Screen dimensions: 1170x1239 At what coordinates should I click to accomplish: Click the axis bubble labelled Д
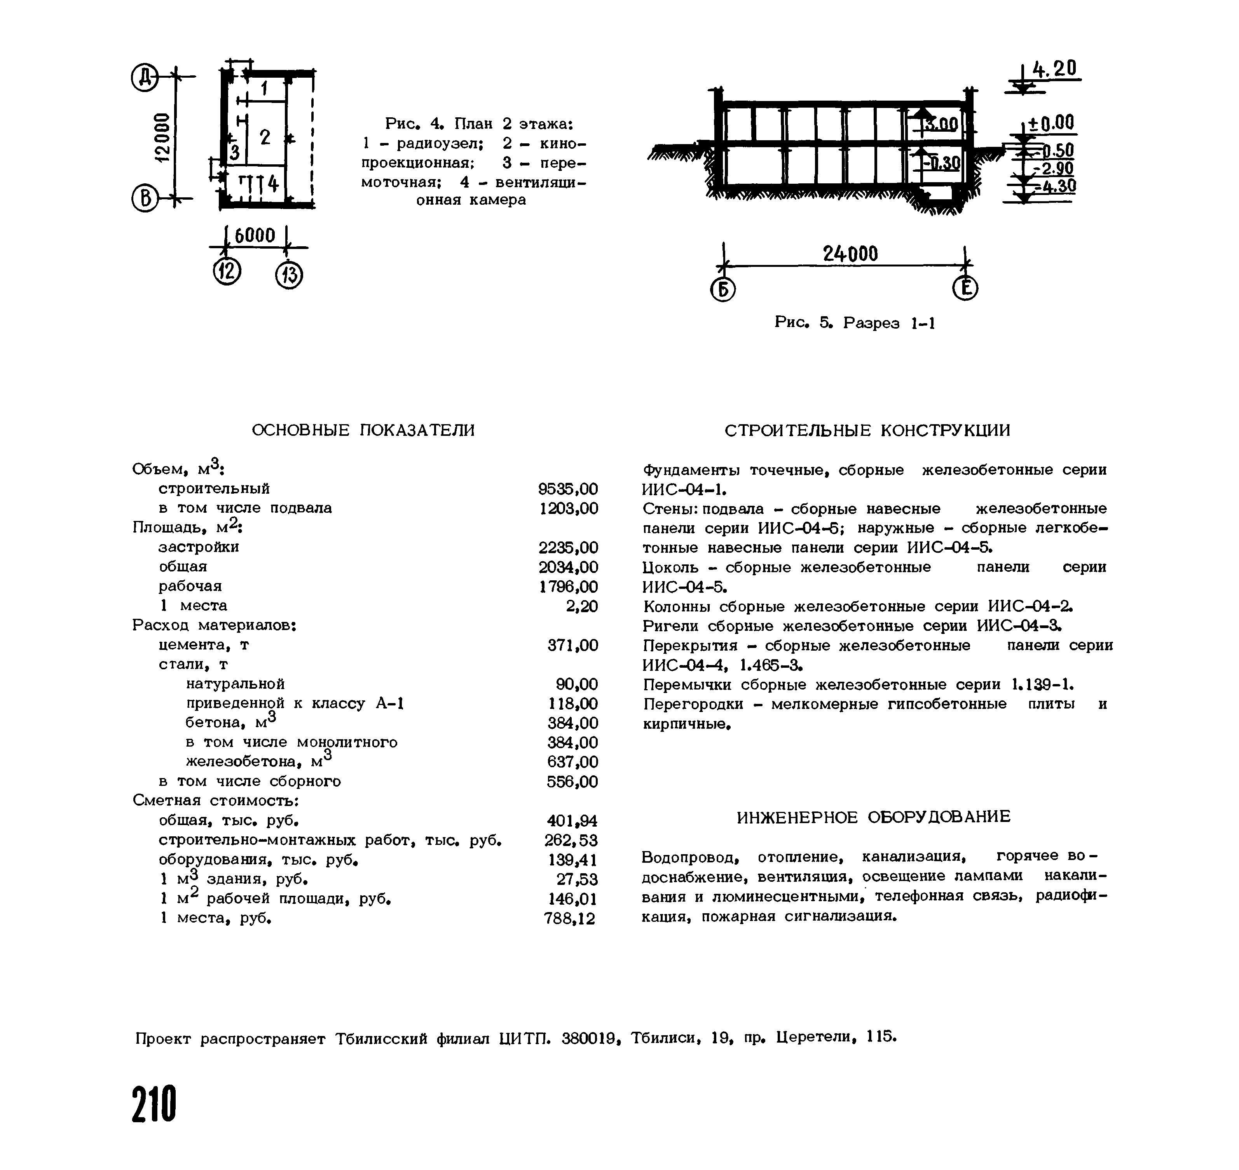coord(145,78)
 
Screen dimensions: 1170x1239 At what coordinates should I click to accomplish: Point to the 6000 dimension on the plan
coord(255,236)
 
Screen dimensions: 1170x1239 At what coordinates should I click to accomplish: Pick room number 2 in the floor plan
coord(265,137)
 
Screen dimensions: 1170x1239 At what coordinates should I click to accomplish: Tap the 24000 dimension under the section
coord(850,254)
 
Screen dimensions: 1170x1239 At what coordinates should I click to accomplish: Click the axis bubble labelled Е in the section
coord(965,289)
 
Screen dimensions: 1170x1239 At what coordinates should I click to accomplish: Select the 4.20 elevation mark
coord(1055,69)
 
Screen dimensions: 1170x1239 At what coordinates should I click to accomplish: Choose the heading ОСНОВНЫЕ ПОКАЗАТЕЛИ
coord(363,430)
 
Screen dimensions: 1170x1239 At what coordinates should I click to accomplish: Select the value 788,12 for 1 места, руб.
coord(570,919)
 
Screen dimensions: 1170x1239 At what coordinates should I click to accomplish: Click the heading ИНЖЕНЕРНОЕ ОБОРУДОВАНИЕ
coord(873,817)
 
